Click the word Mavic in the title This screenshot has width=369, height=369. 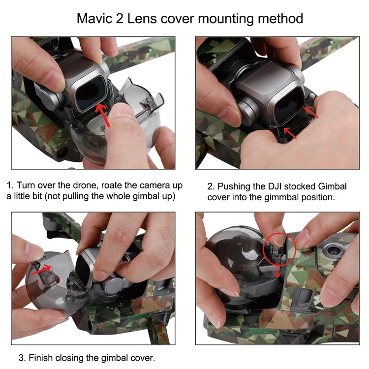pos(94,19)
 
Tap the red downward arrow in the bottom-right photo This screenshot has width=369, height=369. pos(277,270)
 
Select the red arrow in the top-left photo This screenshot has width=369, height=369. pos(103,115)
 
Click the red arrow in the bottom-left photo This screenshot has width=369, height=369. pos(42,269)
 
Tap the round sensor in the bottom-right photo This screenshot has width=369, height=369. pos(333,251)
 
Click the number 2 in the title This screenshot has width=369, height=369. pos(120,19)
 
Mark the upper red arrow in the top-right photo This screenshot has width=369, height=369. pos(311,112)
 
